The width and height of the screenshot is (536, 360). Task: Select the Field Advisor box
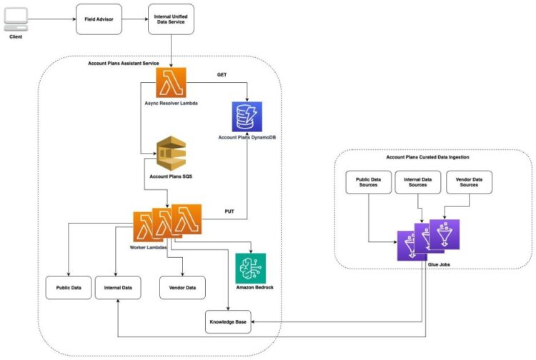point(99,19)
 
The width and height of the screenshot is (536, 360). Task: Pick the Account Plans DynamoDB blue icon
point(247,115)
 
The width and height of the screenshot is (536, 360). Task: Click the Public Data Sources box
point(367,183)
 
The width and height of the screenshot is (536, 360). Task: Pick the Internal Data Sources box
point(418,183)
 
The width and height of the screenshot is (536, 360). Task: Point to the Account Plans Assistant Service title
point(123,63)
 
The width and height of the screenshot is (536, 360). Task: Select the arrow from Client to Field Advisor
point(54,19)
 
